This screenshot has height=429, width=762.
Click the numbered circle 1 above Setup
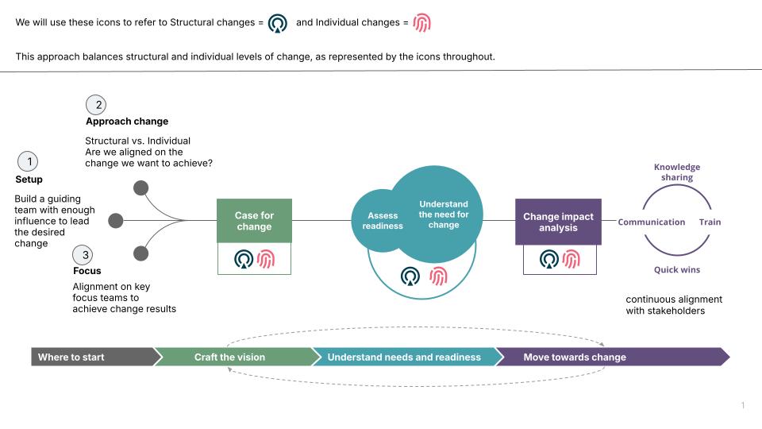tap(29, 162)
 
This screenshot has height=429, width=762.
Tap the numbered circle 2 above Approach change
tap(97, 105)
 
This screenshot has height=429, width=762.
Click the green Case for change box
tap(254, 221)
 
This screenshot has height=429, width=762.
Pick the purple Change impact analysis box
tap(558, 222)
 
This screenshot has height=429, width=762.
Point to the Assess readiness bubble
tap(383, 221)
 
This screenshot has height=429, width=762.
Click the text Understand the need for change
tap(444, 214)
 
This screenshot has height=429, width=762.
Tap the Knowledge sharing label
tap(677, 172)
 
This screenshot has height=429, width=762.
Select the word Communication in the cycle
tap(651, 222)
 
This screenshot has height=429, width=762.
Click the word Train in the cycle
tap(710, 222)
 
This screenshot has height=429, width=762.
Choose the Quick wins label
tap(677, 270)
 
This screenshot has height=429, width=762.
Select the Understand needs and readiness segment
tap(404, 357)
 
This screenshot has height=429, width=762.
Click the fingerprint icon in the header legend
tap(421, 23)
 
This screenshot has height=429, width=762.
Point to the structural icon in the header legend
tap(278, 23)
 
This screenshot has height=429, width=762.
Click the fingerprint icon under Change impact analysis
tap(571, 259)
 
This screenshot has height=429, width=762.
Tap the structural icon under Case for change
tap(244, 259)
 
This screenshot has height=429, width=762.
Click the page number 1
tap(743, 406)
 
